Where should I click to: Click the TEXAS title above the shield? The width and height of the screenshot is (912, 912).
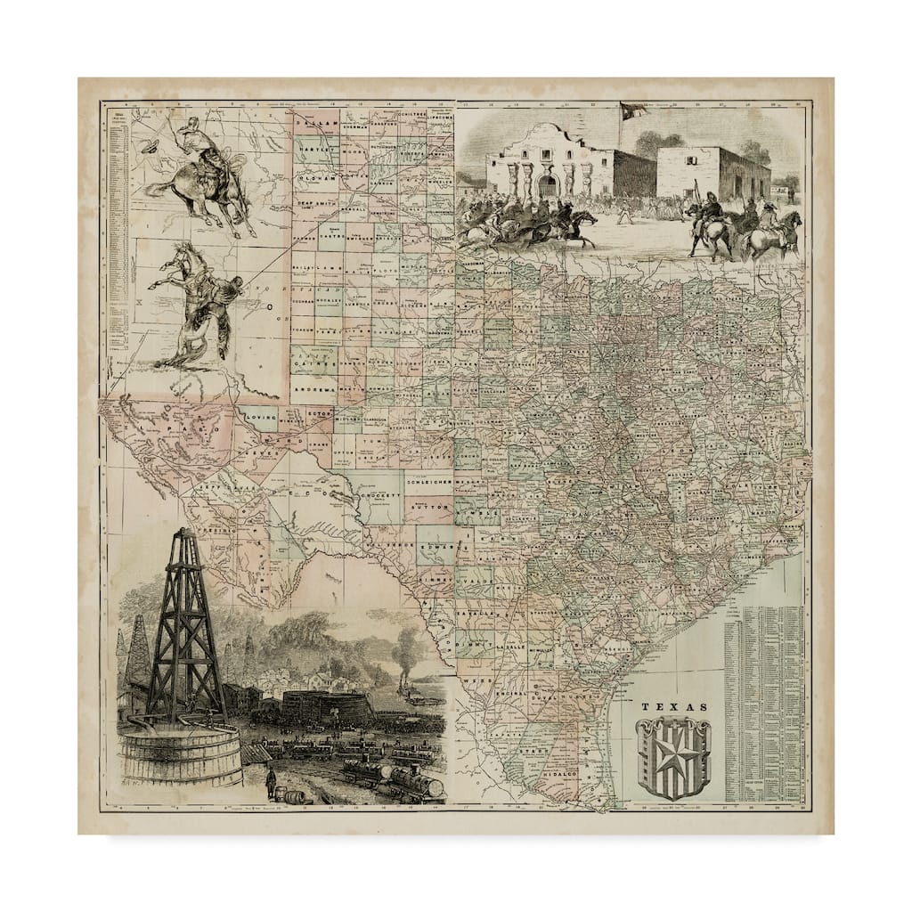pos(674,707)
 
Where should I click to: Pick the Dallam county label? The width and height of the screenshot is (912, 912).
pos(317,126)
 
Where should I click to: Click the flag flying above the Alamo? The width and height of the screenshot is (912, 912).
pos(633,111)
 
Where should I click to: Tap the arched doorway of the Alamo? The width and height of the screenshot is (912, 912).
pos(547,184)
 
